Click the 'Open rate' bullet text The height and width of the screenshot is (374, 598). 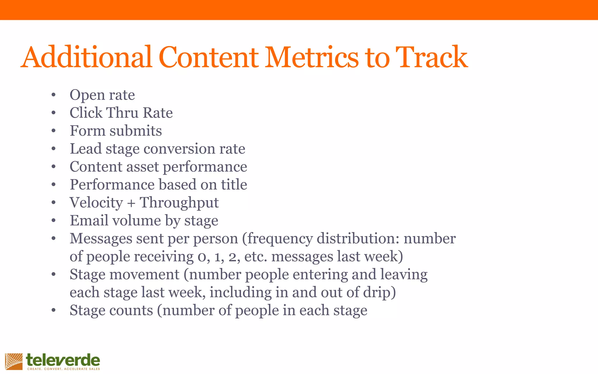point(102,95)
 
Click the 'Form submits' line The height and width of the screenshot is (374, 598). point(116,131)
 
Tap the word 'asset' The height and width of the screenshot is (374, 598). point(142,167)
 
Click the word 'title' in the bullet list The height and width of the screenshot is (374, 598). point(234,185)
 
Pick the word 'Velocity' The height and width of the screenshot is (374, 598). point(96,203)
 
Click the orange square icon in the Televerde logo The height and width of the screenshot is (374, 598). point(14,361)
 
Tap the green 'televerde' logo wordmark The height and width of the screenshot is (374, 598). point(63,360)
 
